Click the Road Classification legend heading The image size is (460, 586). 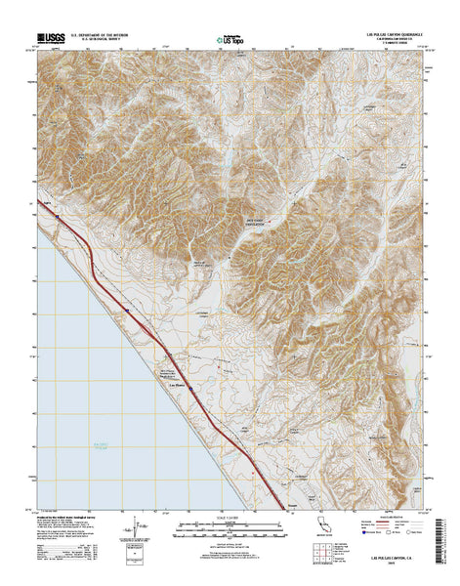pyautogui.click(x=386, y=521)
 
